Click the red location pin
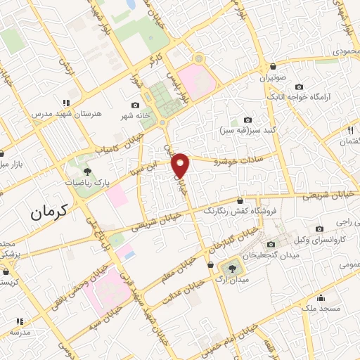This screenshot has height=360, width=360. click(181, 165)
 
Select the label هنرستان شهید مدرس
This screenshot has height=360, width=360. click(60, 112)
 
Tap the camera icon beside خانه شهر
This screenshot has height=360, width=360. click(136, 105)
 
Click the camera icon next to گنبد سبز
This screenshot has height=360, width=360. click(247, 120)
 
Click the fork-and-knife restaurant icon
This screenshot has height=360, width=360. click(349, 130)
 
